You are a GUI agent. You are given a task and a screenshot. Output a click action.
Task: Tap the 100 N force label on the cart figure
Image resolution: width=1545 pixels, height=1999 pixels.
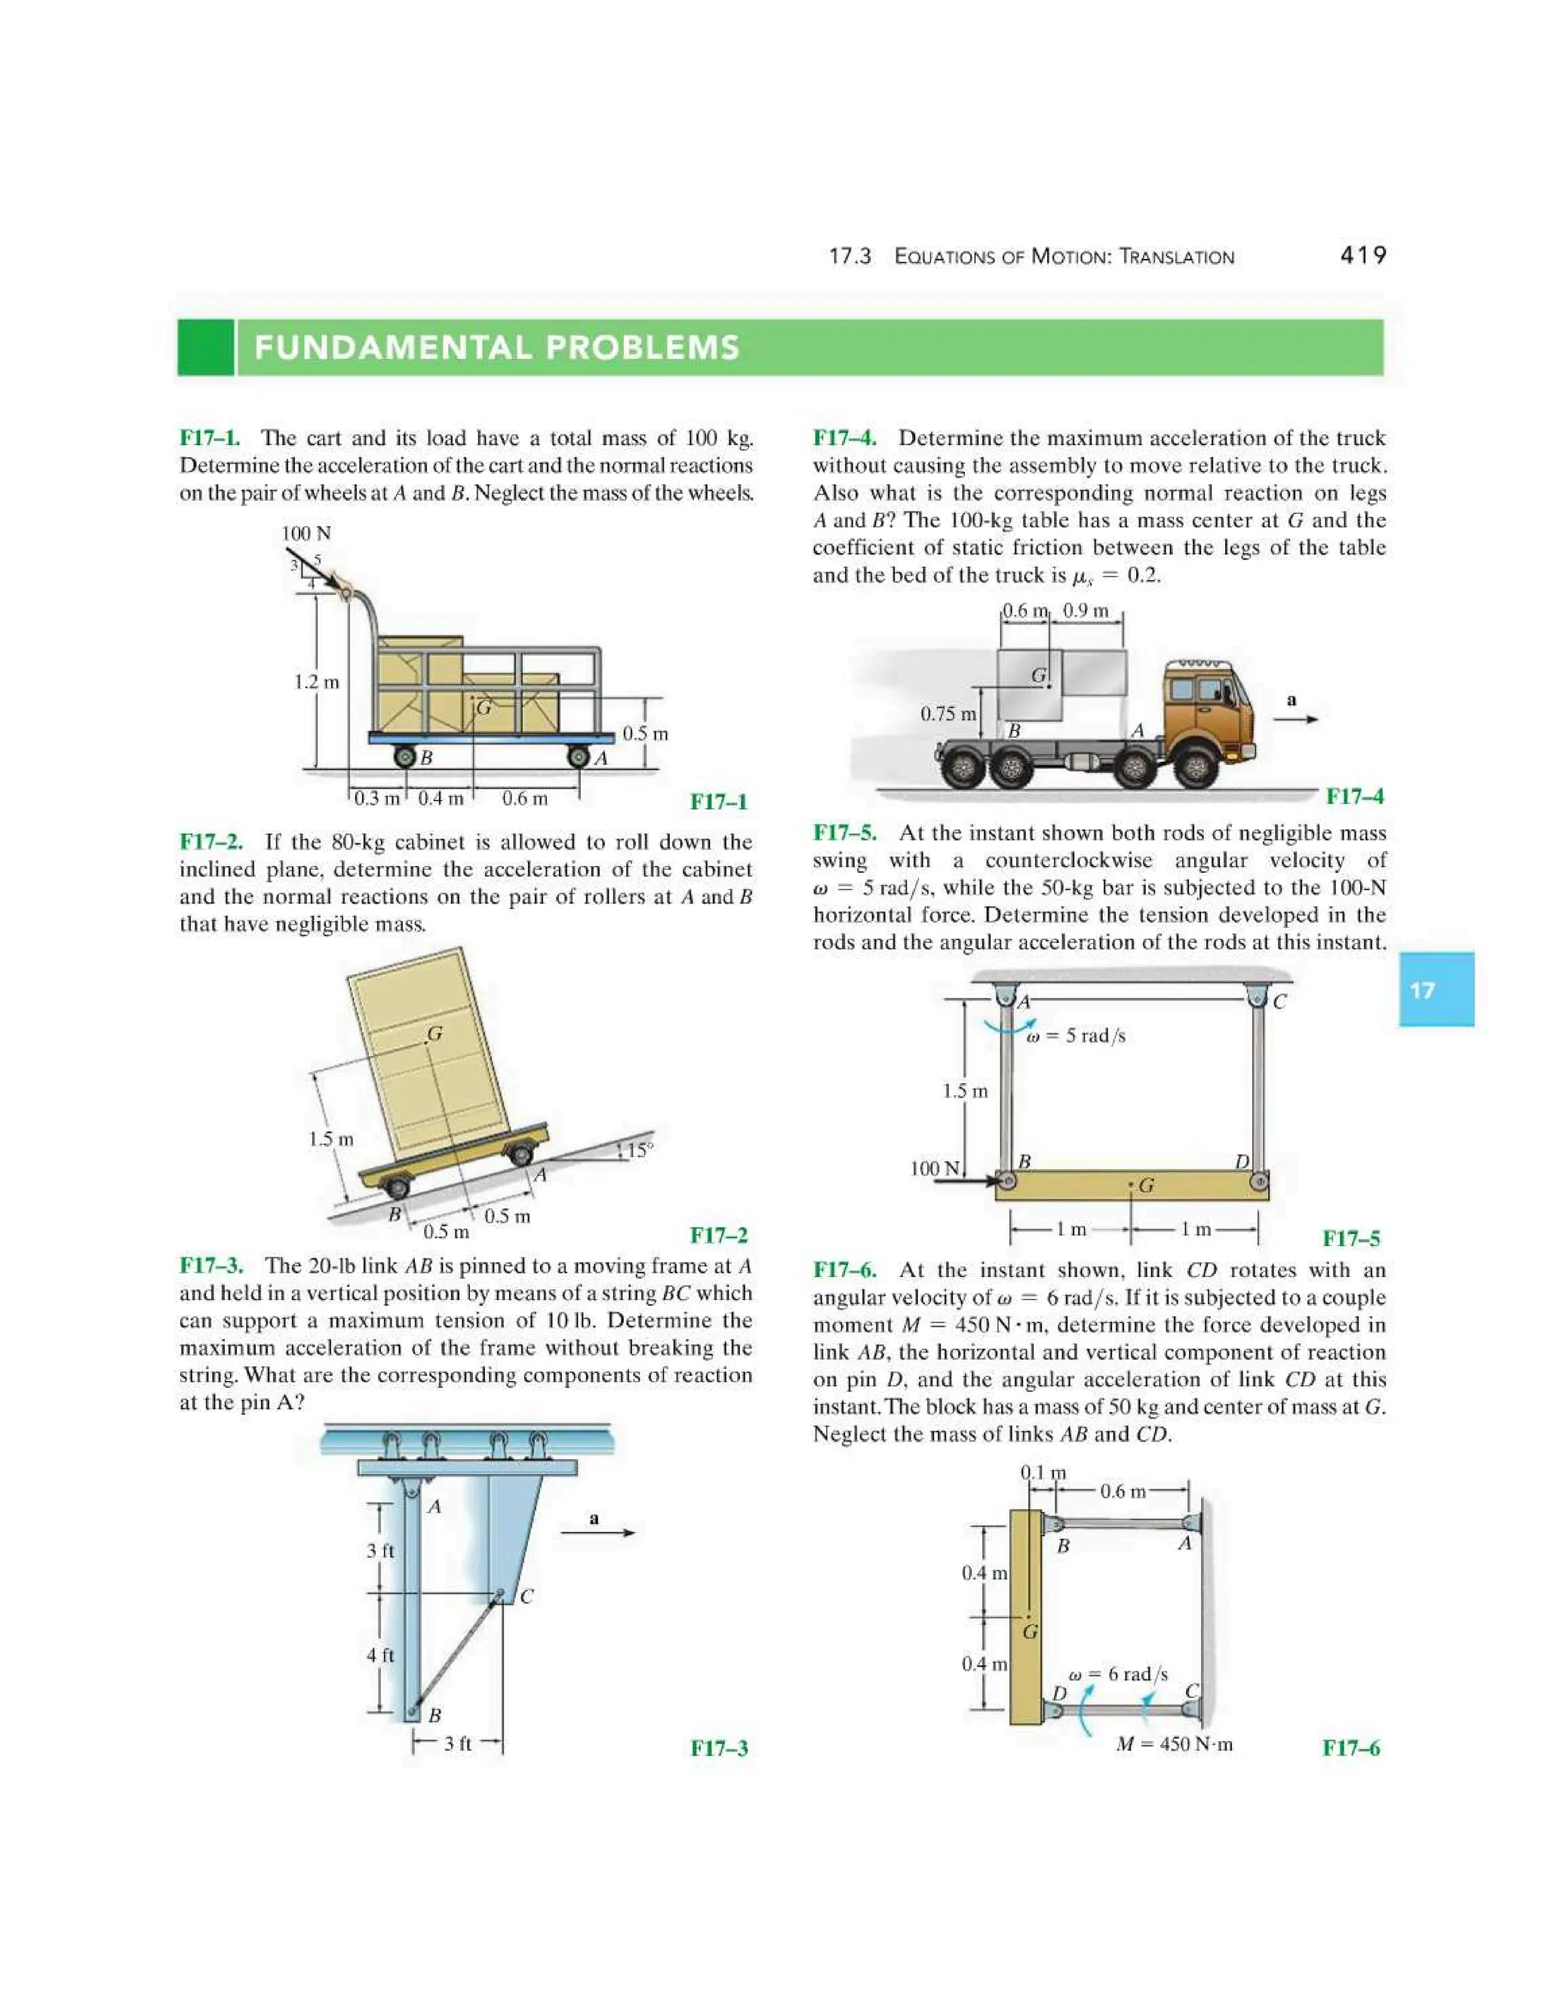tap(306, 533)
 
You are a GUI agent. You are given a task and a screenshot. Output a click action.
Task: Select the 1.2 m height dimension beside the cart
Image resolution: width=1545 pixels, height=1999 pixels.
tap(316, 682)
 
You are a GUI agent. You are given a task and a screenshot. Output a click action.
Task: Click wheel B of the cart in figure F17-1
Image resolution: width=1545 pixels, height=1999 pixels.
tap(405, 757)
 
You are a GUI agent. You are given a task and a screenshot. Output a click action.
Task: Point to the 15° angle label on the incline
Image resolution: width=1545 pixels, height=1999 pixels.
tap(640, 1150)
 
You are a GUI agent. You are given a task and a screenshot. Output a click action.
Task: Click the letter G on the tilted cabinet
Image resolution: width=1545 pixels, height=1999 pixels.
tap(435, 1033)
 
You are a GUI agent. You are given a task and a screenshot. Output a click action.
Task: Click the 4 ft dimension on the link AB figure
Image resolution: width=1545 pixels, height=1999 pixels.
tap(380, 1655)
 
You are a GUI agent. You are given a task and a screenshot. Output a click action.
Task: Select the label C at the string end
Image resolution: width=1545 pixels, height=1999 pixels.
tap(527, 1597)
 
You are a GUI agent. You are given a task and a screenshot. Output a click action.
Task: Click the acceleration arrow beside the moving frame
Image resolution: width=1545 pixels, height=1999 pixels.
tap(597, 1532)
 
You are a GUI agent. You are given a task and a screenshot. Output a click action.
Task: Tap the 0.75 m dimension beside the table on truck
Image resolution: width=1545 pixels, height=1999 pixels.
tap(948, 714)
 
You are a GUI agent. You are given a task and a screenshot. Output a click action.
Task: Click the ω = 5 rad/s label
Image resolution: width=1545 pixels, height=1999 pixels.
tap(1076, 1036)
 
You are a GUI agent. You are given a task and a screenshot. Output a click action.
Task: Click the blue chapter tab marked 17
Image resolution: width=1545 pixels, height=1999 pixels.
tap(1435, 990)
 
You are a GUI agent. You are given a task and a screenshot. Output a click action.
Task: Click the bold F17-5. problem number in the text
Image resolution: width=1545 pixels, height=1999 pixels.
tap(844, 833)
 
